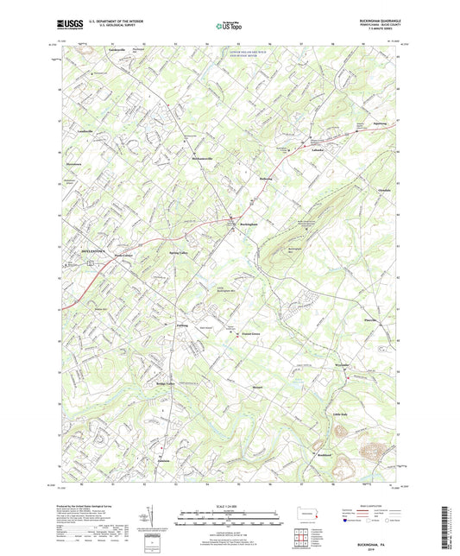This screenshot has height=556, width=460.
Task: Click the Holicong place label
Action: point(265,179)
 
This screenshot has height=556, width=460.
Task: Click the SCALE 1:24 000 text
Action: point(230,506)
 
